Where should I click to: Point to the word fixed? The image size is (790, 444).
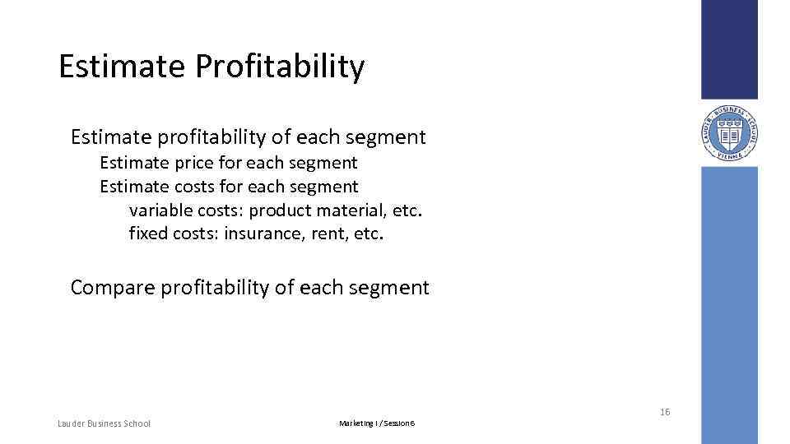click(x=148, y=234)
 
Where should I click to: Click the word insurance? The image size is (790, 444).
click(x=263, y=234)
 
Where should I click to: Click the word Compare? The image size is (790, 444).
click(x=112, y=288)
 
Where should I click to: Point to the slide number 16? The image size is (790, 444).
click(x=664, y=412)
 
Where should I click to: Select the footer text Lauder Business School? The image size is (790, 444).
click(x=104, y=423)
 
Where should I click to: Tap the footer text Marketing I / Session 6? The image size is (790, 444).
click(x=377, y=423)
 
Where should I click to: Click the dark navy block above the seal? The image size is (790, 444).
click(x=729, y=49)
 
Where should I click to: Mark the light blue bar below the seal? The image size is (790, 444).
click(x=729, y=304)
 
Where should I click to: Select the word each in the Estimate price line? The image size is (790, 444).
click(x=263, y=163)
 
